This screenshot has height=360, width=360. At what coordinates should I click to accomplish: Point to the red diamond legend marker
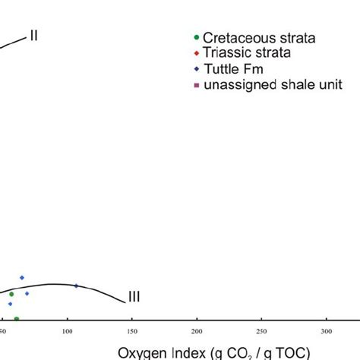click(x=198, y=53)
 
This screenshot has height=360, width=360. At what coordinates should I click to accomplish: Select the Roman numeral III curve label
click(x=134, y=297)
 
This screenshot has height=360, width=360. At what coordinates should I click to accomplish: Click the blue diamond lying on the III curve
click(x=76, y=286)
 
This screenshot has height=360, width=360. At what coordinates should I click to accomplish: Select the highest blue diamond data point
click(x=22, y=277)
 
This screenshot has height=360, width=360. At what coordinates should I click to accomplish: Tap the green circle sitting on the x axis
click(x=16, y=319)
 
